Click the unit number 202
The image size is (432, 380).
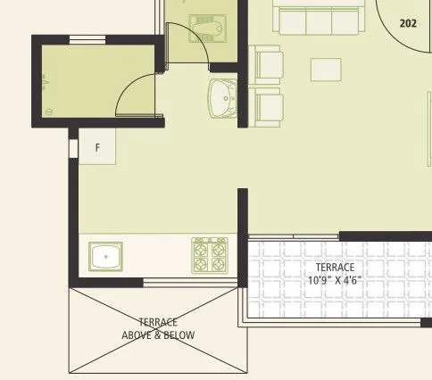pos(409,24)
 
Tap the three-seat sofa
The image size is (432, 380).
pos(319,20)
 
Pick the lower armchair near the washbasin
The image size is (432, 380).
pos(269,106)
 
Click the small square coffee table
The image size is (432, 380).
pos(326,70)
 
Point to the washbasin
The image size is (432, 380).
pos(220,97)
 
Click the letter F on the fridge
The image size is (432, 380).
pos(97,148)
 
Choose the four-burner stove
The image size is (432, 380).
pos(211,255)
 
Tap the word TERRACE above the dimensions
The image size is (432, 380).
pos(335,267)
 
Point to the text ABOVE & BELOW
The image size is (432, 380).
pos(158,335)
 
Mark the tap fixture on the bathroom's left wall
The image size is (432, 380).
pos(42,83)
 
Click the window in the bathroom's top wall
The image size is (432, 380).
pos(87,38)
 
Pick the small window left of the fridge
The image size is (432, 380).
pos(71,146)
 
